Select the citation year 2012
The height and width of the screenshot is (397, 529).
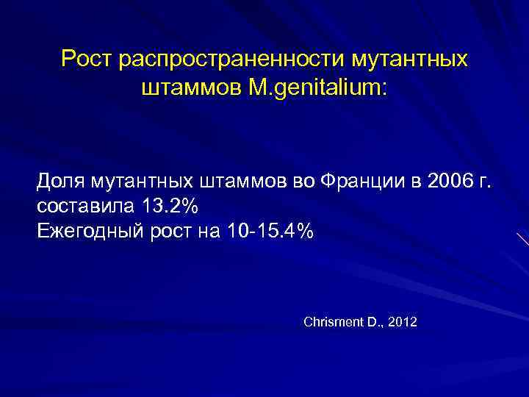(x=403, y=322)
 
